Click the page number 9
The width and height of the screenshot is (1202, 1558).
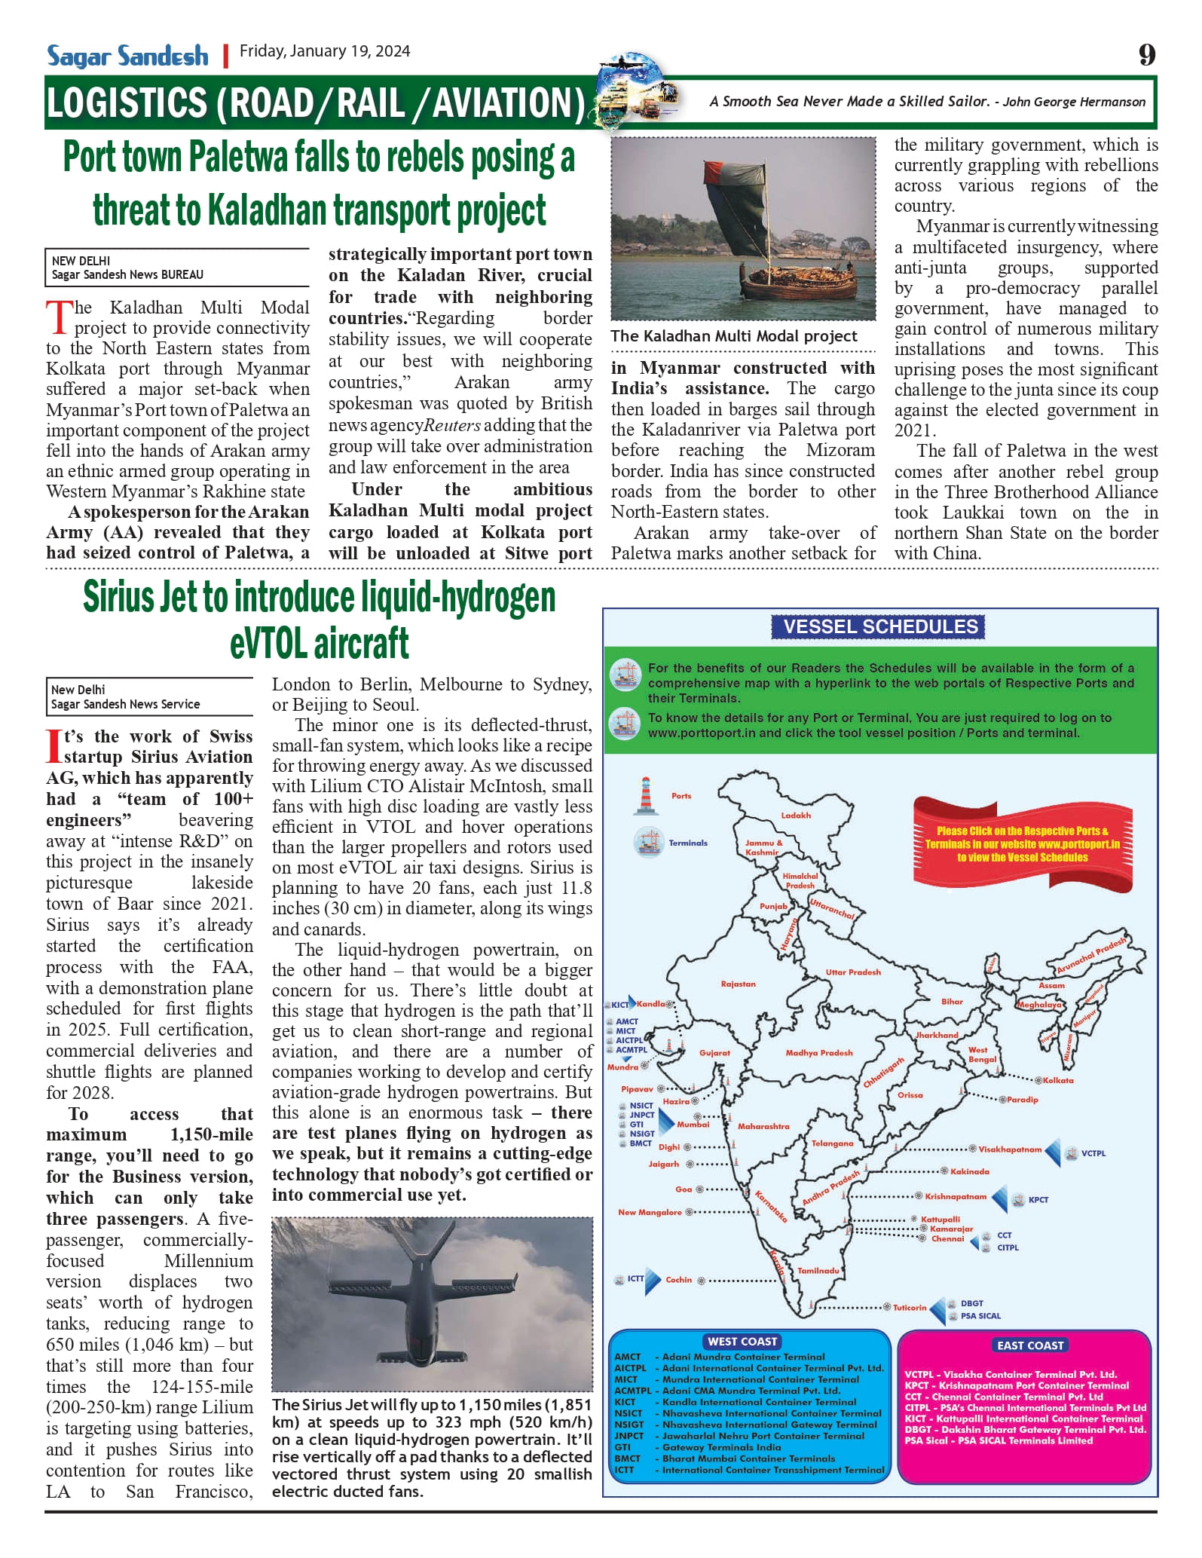click(1146, 55)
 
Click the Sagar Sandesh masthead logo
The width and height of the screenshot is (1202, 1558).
click(127, 57)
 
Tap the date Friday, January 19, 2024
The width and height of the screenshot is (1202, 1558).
click(325, 51)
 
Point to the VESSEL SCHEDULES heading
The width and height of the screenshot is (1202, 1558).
click(880, 626)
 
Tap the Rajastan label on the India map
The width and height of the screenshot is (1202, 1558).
click(738, 984)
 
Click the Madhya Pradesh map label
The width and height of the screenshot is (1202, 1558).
click(818, 1053)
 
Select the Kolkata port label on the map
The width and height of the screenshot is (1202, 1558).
click(1058, 1080)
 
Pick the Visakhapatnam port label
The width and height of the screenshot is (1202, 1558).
click(1010, 1149)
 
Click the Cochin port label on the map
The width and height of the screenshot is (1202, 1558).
click(678, 1280)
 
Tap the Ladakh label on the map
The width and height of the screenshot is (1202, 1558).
click(796, 816)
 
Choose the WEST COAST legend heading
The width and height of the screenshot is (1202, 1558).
click(742, 1342)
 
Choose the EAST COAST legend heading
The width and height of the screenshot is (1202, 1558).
click(1029, 1345)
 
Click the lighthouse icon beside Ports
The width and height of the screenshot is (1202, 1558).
click(646, 796)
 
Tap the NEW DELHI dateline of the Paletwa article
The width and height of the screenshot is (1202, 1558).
click(81, 261)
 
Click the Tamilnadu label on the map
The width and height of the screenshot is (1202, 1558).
click(818, 1271)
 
